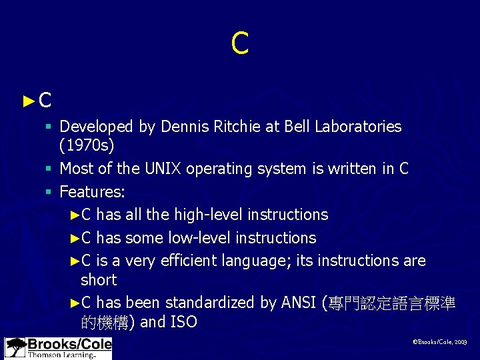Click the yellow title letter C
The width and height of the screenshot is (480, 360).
(239, 43)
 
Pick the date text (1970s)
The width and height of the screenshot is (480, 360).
(87, 145)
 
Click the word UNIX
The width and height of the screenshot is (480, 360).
(163, 169)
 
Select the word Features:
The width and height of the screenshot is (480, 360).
(92, 192)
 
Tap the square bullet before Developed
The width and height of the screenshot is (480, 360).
(50, 126)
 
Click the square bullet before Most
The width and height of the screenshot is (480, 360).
(50, 169)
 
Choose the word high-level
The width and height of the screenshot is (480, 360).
(209, 215)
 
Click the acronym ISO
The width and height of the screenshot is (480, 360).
(183, 323)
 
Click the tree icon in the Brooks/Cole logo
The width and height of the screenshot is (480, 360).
(15, 348)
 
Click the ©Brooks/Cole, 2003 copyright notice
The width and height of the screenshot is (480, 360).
(439, 341)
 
